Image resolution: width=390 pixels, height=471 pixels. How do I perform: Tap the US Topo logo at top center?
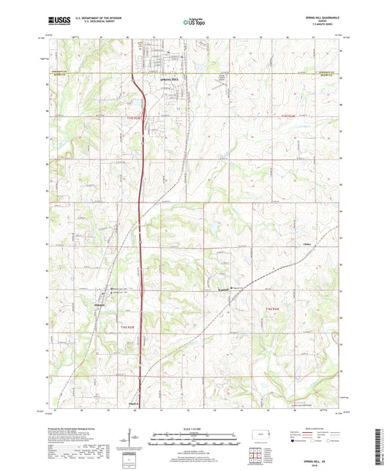pyautogui.click(x=195, y=23)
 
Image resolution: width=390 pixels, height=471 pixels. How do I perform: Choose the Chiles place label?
pyautogui.click(x=316, y=235)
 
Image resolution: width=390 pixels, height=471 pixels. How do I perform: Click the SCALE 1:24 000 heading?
pyautogui.click(x=195, y=429)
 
